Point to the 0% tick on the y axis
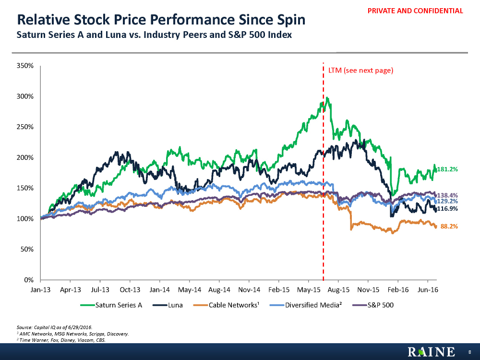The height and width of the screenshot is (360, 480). [x=28, y=280]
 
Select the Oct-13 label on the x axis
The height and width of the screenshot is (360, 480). [x=130, y=290]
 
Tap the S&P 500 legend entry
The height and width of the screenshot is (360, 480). [x=380, y=305]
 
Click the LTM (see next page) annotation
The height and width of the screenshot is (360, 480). [x=360, y=71]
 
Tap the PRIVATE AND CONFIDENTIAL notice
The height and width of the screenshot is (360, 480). [x=419, y=11]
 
